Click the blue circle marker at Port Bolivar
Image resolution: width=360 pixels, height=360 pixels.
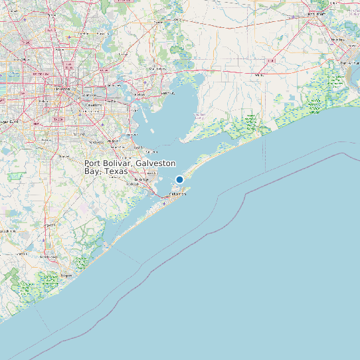pyautogui.click(x=179, y=179)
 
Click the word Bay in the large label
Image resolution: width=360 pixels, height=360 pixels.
pyautogui.click(x=91, y=171)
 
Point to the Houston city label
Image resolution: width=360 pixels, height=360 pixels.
pyautogui.click(x=62, y=88)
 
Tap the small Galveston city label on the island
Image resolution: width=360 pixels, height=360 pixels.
pyautogui.click(x=177, y=194)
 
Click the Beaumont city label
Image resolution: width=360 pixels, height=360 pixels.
pyautogui.click(x=317, y=13)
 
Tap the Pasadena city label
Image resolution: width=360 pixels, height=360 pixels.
pyautogui.click(x=92, y=104)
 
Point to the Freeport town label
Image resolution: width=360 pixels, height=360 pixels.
pyautogui.click(x=66, y=274)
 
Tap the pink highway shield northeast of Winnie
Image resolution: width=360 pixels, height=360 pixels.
pyautogui.click(x=271, y=60)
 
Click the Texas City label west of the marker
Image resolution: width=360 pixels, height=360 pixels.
pyautogui.click(x=141, y=179)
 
